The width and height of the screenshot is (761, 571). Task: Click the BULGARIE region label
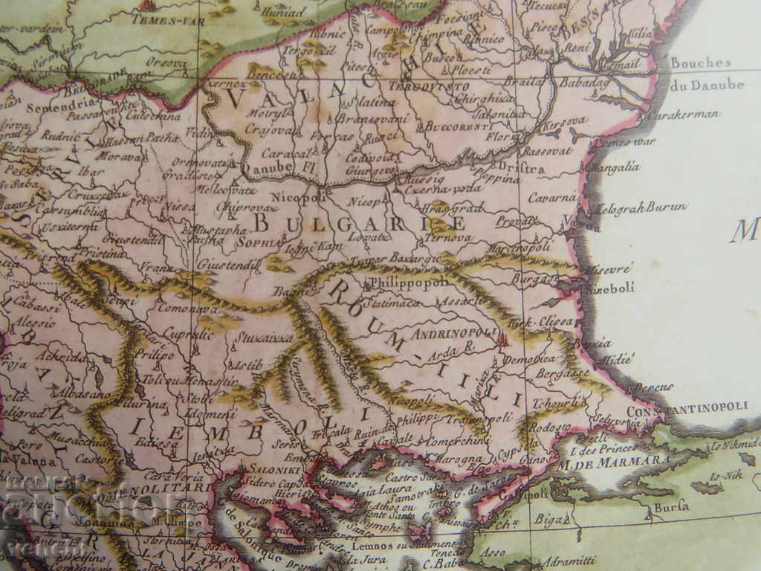point(360,222)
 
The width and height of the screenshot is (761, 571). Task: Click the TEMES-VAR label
point(158,20)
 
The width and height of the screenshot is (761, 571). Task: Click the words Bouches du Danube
point(706,74)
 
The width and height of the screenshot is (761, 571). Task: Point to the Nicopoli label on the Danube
point(299,197)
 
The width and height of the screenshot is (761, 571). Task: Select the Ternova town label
point(448,238)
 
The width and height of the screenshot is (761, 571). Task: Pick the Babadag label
point(583,83)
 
